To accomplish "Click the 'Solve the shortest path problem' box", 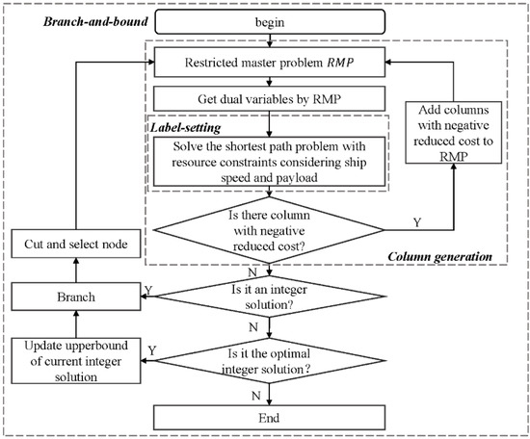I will coord(267,159).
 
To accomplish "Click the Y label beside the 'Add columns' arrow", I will coord(415,222).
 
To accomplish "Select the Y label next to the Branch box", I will coord(147,287).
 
